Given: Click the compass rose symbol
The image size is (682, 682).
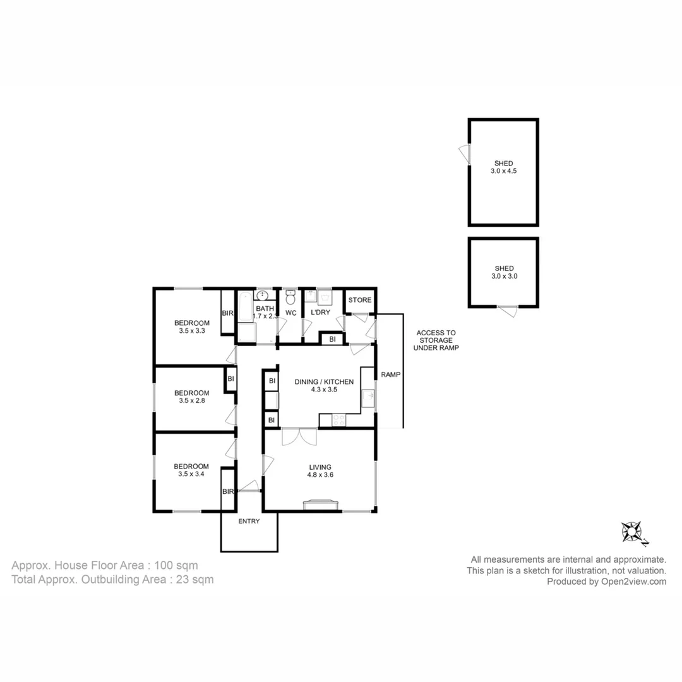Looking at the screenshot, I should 633,532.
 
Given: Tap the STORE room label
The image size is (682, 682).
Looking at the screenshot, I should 360,300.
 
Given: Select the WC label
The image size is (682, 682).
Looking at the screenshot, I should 290,313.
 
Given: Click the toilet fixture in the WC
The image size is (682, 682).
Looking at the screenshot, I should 290,297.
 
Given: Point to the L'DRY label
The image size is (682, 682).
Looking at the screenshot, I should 321,313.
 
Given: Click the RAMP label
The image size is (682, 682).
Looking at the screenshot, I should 390,374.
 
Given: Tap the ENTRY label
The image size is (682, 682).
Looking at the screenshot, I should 249,521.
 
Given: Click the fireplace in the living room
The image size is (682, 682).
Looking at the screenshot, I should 321,504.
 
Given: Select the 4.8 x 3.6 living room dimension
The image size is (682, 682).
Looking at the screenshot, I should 320,476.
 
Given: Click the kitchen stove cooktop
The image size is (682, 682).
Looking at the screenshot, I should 339,419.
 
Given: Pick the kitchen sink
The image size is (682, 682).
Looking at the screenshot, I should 368,398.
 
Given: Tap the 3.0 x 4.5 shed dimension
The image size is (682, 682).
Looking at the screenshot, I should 503,170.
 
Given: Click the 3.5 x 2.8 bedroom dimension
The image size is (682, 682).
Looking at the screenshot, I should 191,401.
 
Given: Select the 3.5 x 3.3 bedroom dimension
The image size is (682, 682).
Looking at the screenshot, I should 191,331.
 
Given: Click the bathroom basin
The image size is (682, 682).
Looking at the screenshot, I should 263,296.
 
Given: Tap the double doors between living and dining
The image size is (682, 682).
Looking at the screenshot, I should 299,436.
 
